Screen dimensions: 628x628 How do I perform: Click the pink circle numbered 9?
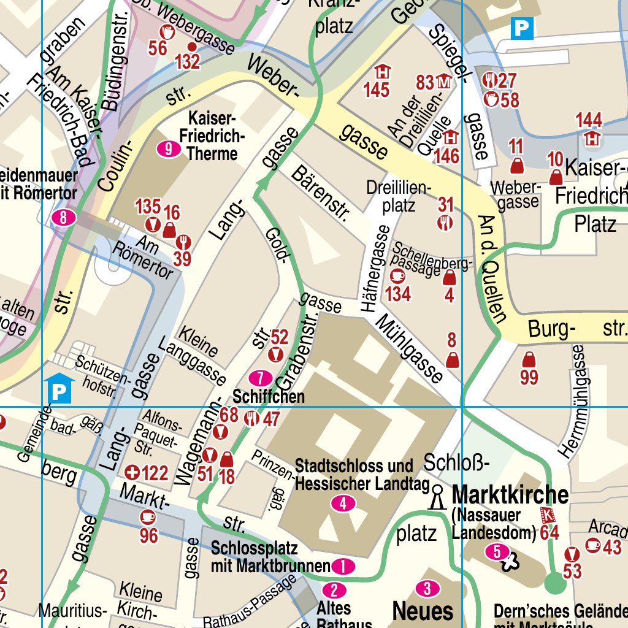point(169,148)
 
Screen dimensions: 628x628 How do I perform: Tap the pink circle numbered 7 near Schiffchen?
point(260,377)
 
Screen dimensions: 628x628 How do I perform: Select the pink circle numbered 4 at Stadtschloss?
point(343,504)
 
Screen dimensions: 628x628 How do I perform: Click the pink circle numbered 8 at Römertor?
point(64,217)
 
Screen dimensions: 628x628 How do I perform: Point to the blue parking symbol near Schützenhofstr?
point(59,390)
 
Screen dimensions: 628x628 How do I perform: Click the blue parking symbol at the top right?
point(523,28)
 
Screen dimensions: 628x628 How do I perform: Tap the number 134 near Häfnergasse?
point(397,294)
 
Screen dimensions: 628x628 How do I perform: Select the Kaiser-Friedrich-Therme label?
point(212,135)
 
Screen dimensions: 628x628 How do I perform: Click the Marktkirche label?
point(510,494)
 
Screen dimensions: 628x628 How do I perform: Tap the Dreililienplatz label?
point(399,196)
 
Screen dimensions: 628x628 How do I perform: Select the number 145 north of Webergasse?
point(376,90)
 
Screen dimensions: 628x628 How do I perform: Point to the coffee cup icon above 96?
point(147,516)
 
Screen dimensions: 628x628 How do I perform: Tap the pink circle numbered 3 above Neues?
point(427,589)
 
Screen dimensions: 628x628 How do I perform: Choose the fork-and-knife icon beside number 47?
point(251,419)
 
